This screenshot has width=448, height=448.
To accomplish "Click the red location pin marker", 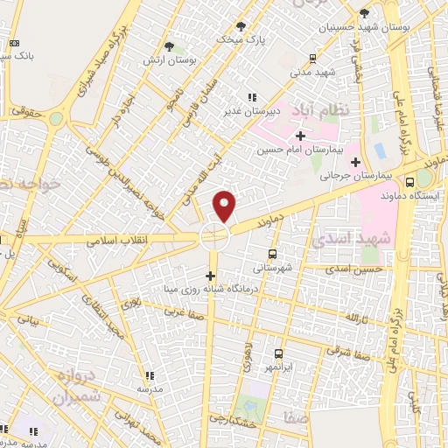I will click(x=225, y=206).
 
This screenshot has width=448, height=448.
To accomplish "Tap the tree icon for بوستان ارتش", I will click(x=170, y=45).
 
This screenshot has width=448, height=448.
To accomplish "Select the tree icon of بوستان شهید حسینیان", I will click(x=364, y=13).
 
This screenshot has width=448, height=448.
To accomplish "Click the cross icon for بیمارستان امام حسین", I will click(x=300, y=136).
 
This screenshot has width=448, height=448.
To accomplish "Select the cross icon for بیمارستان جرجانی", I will click(x=355, y=162).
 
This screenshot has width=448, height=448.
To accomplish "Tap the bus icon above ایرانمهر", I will click(x=278, y=353).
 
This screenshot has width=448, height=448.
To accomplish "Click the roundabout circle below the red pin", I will click(x=214, y=235).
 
